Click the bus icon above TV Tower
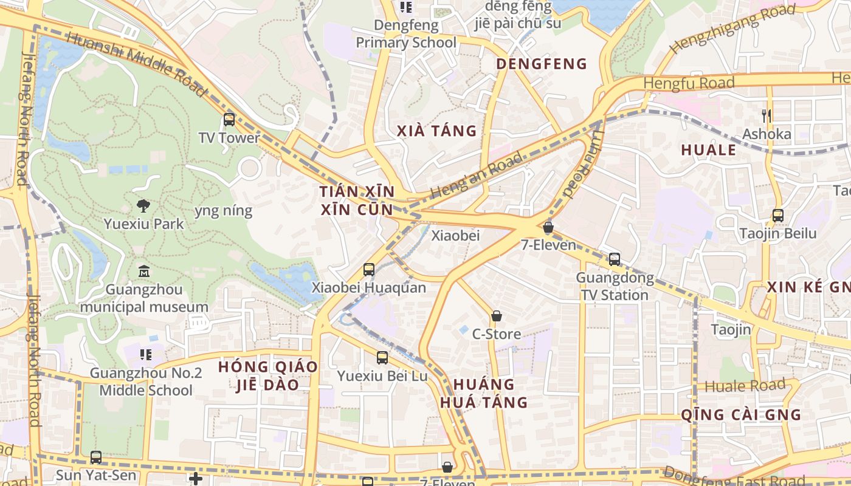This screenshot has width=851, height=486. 229,120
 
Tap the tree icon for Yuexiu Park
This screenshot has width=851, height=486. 143,205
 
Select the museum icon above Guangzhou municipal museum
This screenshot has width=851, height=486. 144,271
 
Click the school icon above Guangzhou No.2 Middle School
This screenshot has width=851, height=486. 145,354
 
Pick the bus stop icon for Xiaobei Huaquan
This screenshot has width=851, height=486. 369,269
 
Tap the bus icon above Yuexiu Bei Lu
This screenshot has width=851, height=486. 382,358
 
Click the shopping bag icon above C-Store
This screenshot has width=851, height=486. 497,316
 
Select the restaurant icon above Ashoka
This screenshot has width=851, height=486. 767,115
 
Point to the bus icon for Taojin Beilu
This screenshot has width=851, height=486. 777,215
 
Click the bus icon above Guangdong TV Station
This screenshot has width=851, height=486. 615,259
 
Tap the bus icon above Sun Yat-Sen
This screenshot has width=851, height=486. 96,457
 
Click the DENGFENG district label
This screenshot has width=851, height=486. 542,64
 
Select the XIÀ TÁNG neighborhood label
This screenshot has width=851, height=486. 436,131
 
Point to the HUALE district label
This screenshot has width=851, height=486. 709,150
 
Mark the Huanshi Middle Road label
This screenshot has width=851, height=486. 137,63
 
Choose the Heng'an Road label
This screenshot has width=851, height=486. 476,176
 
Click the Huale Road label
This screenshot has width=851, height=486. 745,386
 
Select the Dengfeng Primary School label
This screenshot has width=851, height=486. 406,34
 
